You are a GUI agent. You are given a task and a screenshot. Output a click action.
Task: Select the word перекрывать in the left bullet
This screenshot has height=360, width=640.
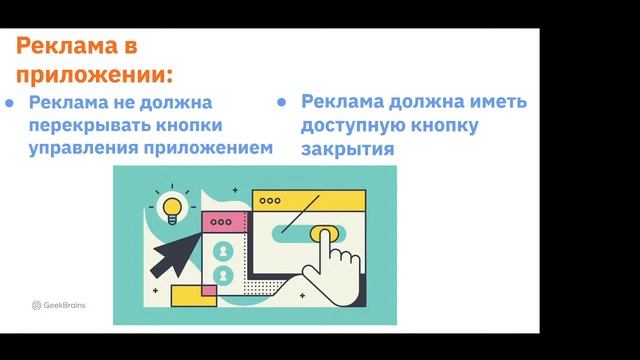81,125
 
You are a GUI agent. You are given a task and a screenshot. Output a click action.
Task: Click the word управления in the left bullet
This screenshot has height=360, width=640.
83,147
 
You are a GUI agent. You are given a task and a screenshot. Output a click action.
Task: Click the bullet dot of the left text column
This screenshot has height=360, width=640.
10,103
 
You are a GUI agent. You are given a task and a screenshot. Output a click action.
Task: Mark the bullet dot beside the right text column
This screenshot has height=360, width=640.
283,103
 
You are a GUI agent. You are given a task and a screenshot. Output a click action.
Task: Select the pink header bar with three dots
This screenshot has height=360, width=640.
223,222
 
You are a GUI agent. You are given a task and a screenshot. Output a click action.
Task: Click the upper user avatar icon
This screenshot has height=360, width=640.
223,250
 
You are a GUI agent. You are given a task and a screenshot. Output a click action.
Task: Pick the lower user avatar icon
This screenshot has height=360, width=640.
223,274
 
